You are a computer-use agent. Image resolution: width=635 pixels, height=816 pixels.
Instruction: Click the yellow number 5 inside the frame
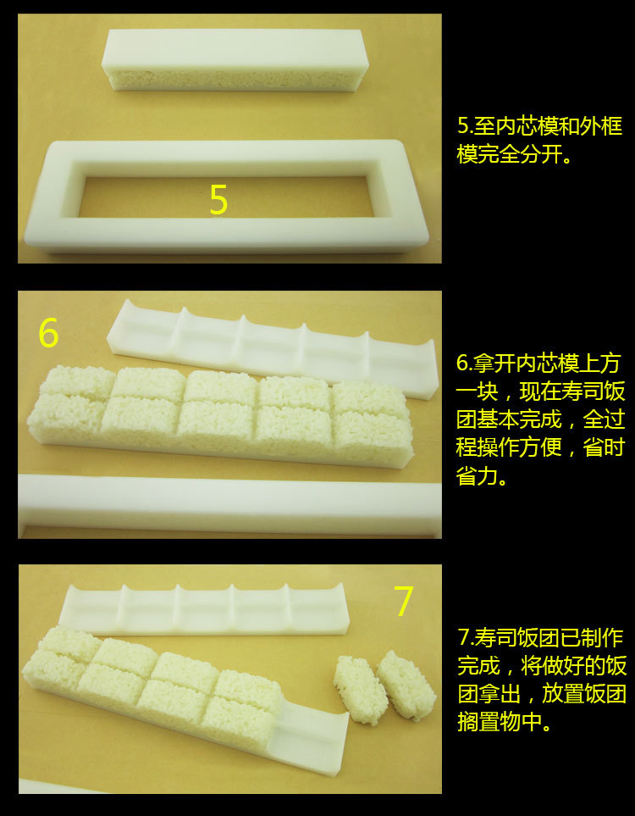[218, 200]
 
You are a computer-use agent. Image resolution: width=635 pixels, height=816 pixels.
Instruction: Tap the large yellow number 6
[48, 333]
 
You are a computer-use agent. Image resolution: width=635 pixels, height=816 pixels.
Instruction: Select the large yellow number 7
[403, 601]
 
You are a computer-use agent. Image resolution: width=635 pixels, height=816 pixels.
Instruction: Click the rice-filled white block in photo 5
[235, 60]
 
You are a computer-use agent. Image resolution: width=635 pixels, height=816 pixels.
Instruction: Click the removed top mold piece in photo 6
[273, 347]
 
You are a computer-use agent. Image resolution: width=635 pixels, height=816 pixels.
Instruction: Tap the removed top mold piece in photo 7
[204, 609]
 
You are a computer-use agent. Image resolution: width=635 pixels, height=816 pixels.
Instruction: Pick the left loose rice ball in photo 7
[361, 690]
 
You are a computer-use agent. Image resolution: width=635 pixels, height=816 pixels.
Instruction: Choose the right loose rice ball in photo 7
[406, 685]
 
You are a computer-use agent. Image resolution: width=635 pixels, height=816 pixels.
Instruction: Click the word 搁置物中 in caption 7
[498, 722]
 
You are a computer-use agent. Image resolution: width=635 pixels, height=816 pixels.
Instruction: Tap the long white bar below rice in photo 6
[229, 504]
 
